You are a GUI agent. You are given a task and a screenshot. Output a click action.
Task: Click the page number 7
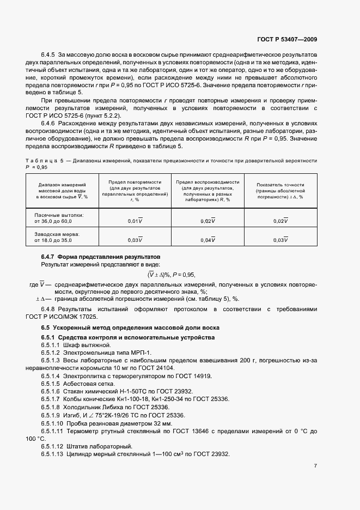tap(316, 466)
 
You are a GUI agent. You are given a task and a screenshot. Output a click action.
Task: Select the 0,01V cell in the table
tap(135, 221)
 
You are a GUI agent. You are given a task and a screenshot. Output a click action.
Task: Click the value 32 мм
tap(162, 423)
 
